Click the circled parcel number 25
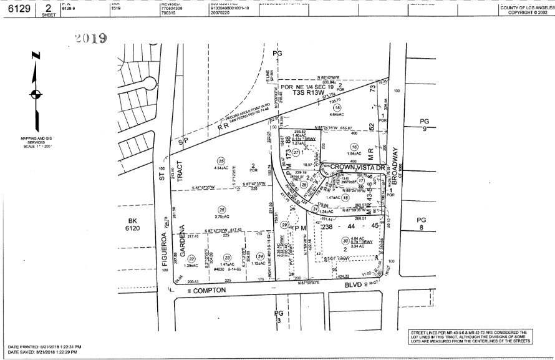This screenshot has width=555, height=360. point(220,160)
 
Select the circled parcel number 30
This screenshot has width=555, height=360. point(345,241)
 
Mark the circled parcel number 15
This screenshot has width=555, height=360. point(337,107)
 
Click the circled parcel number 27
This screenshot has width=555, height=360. point(296,152)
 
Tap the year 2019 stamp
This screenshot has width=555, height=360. point(91,38)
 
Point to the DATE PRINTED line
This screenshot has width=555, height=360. point(45,346)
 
